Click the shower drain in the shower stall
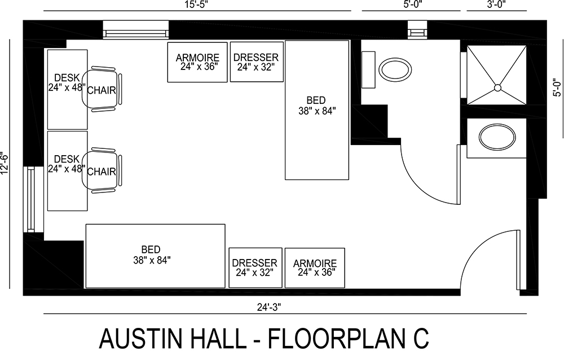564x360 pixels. (497, 87)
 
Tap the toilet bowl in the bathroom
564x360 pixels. (394, 69)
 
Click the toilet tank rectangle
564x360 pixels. (368, 69)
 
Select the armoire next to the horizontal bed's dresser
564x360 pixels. (314, 267)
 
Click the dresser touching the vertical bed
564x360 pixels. (255, 62)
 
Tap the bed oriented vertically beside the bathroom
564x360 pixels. (317, 110)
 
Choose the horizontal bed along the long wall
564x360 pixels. (155, 256)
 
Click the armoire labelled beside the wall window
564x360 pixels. (197, 62)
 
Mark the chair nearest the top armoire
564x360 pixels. (102, 90)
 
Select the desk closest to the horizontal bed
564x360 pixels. (67, 170)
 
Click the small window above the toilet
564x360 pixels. (418, 29)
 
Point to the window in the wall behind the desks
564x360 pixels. (29, 198)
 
